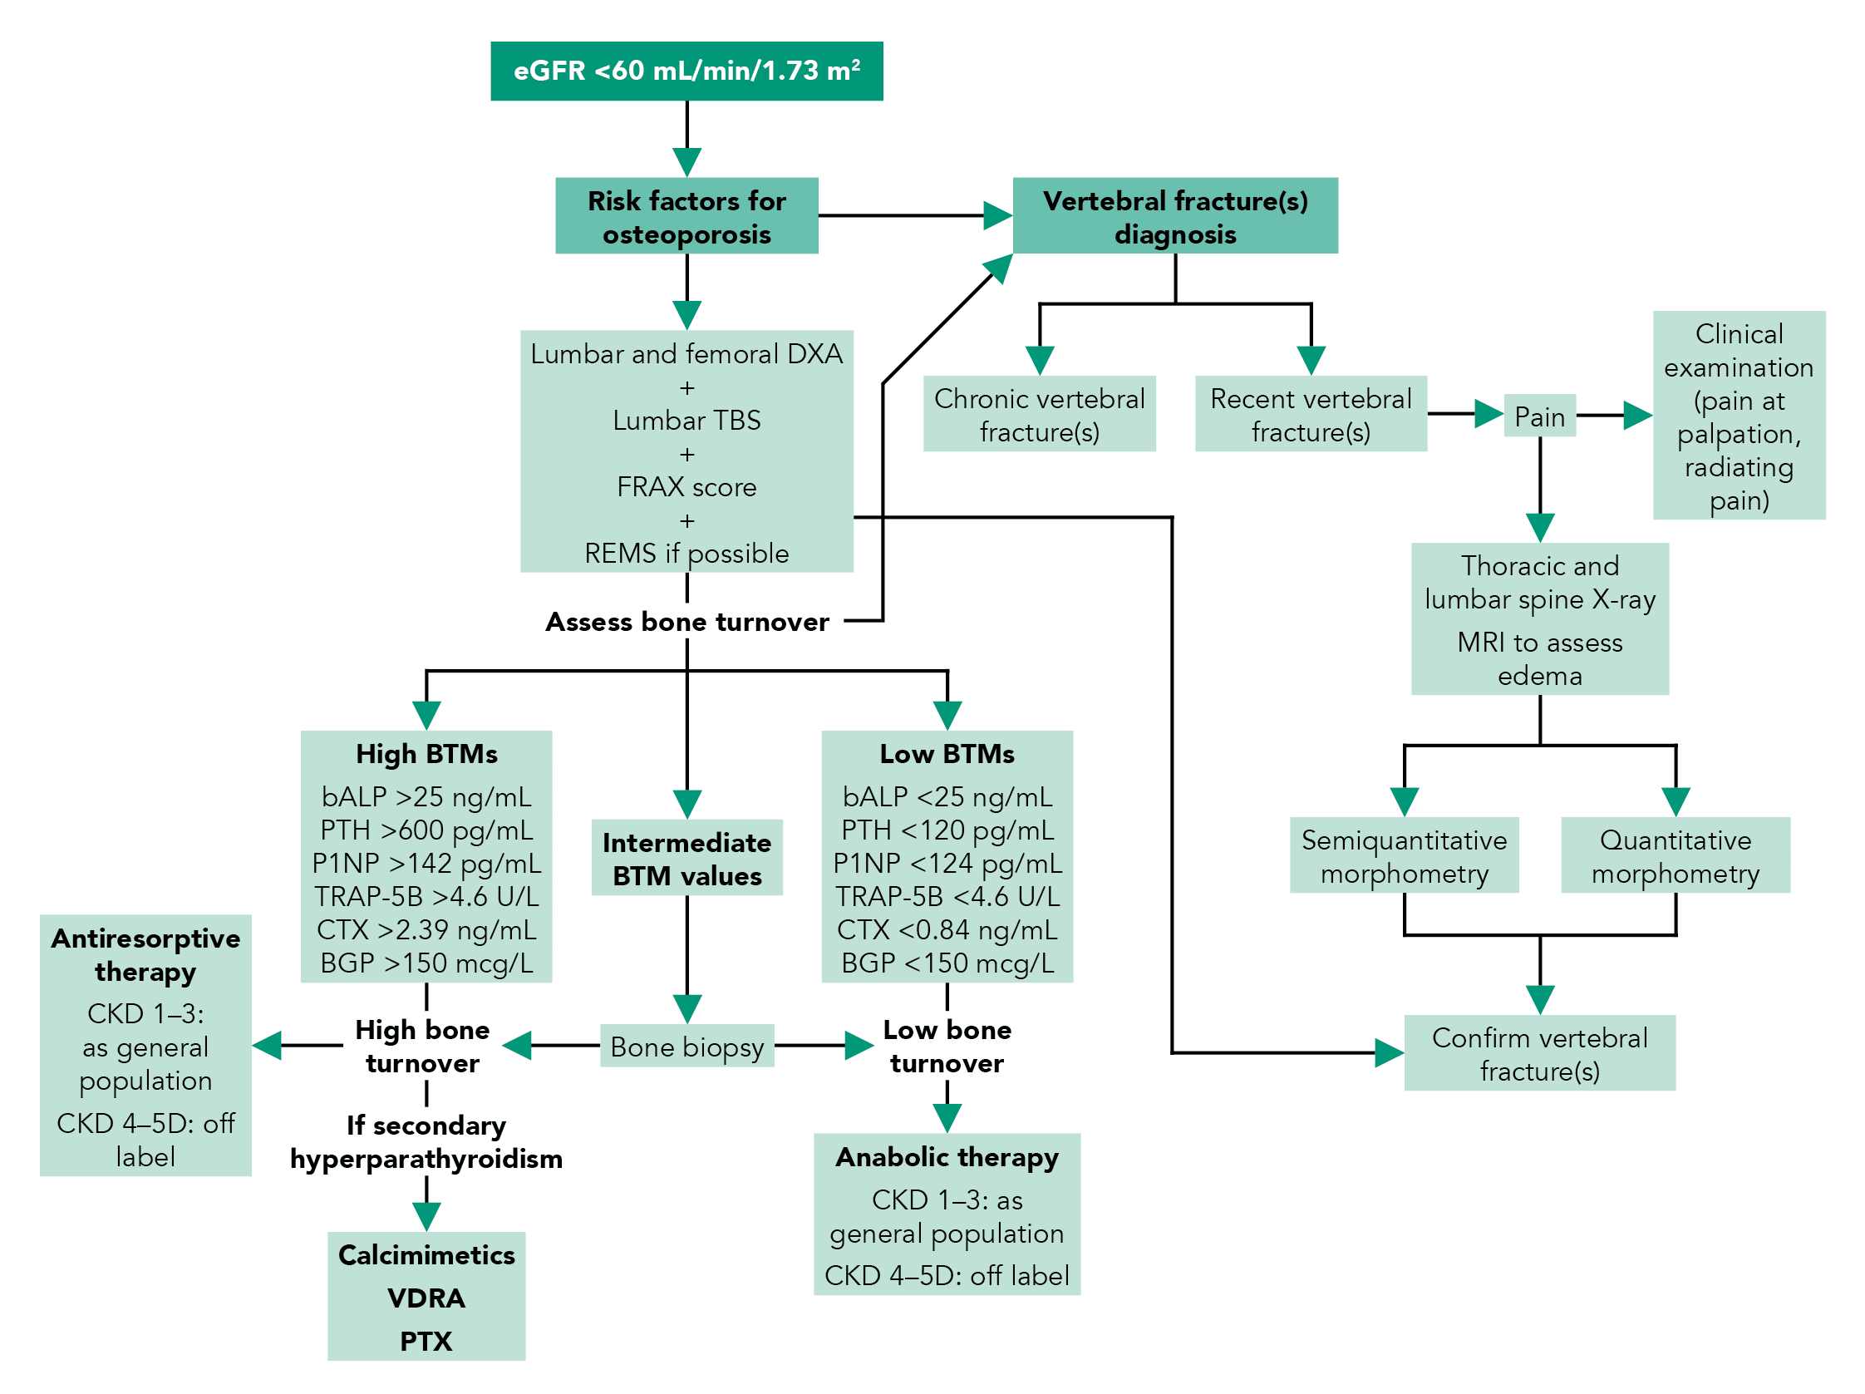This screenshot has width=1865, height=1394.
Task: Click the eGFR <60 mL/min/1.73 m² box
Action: click(686, 71)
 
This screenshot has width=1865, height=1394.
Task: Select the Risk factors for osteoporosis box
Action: click(686, 216)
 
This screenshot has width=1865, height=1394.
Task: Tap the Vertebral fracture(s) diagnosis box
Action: click(1174, 216)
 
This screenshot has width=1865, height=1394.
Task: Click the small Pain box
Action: click(1538, 416)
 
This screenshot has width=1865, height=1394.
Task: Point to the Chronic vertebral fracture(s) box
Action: click(1039, 414)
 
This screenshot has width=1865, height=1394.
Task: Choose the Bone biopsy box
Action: click(686, 1046)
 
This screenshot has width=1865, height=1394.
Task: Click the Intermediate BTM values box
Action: click(686, 858)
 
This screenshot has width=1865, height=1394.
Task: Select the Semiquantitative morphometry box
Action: click(1403, 855)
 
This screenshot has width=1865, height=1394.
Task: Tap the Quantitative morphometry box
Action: click(1675, 855)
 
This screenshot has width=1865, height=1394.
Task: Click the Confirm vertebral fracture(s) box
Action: click(1538, 1052)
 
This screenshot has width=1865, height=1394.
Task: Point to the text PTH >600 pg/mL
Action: click(426, 830)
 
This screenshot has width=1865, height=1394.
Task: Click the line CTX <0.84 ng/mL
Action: click(946, 929)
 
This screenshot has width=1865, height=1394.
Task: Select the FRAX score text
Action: click(686, 486)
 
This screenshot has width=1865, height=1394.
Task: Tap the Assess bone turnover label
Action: click(686, 622)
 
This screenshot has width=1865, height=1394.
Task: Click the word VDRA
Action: click(426, 1297)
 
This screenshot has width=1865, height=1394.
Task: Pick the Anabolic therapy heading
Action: click(946, 1156)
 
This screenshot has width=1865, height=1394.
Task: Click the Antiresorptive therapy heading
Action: click(145, 954)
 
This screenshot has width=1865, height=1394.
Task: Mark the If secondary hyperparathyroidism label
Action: click(426, 1142)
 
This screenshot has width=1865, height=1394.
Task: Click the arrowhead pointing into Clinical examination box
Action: click(1636, 415)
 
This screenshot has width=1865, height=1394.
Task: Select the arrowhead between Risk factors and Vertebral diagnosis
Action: click(996, 216)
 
